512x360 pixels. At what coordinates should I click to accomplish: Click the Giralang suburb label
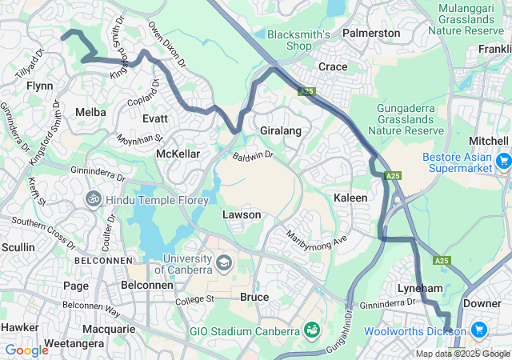(280, 129)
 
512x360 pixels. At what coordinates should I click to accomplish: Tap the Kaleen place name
(350, 197)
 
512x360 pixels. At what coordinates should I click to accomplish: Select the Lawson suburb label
(241, 215)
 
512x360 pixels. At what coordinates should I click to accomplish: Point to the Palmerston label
(370, 33)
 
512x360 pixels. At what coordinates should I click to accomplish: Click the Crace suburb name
(332, 66)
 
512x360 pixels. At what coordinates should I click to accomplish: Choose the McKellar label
(177, 153)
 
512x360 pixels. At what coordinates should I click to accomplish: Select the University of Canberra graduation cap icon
(224, 262)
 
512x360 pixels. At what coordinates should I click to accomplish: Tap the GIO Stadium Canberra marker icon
(312, 330)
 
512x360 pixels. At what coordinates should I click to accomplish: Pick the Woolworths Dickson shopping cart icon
(479, 330)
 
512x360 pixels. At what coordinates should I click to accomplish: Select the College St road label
(197, 299)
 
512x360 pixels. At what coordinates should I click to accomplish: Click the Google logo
(26, 350)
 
